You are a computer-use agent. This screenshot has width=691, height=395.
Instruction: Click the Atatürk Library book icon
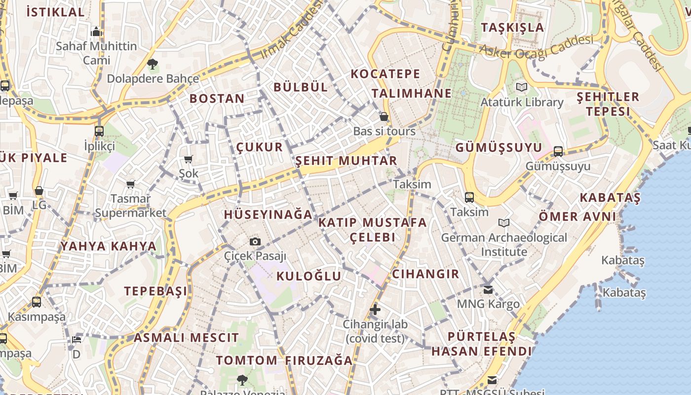522,87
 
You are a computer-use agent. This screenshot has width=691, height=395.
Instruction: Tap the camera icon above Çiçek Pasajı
255,241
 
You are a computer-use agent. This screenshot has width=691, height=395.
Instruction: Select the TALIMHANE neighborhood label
412,93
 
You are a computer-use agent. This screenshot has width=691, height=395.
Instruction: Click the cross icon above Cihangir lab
375,310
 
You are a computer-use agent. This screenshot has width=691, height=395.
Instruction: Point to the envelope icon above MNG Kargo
488,289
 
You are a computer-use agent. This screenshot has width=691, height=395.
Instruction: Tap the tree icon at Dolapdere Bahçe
153,64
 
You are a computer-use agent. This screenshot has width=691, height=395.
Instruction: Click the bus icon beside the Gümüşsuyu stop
558,151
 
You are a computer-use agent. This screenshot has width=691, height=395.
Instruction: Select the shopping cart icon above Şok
188,159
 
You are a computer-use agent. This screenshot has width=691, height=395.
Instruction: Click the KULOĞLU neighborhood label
308,276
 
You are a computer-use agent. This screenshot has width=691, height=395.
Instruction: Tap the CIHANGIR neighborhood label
425,274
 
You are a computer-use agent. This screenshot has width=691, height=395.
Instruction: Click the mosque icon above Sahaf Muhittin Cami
96,32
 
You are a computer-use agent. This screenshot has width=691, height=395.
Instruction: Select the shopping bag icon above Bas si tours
384,117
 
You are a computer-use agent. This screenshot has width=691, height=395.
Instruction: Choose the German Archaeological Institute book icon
503,223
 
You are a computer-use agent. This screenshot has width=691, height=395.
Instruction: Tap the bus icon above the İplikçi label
99,131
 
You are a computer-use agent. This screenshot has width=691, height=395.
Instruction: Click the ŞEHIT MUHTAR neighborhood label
346,161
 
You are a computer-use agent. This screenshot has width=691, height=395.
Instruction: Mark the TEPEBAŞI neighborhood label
155,291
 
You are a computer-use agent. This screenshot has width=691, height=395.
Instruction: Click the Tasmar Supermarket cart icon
130,184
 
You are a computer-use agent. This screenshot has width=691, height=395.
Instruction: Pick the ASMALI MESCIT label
186,338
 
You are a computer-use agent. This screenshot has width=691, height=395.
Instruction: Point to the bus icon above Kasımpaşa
37,302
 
